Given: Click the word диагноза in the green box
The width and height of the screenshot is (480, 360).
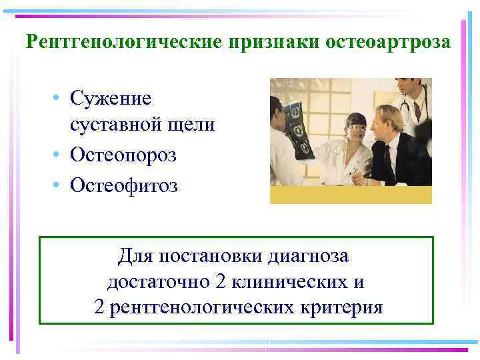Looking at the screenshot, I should coord(311,255).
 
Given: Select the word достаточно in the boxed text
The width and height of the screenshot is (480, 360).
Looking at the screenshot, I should coord(158,281).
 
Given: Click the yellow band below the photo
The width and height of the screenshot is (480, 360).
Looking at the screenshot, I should coord(351,195).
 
